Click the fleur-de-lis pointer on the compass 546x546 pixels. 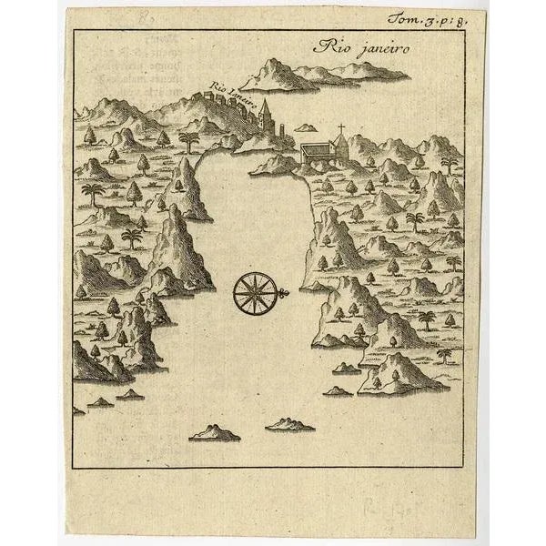285,291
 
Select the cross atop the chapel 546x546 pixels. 341,127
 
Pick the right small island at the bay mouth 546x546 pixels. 289,424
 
